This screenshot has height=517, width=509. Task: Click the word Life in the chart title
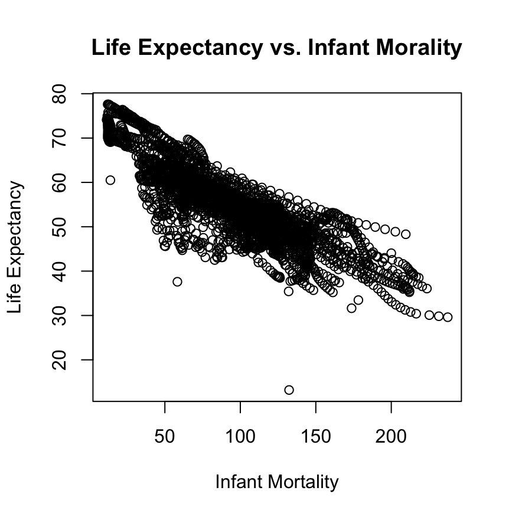(x=110, y=48)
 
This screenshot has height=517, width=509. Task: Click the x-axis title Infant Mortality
(x=277, y=482)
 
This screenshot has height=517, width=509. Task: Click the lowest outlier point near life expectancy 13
(x=289, y=390)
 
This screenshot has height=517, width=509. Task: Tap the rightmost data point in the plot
(x=448, y=317)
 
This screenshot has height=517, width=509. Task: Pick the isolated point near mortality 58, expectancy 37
(x=177, y=282)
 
